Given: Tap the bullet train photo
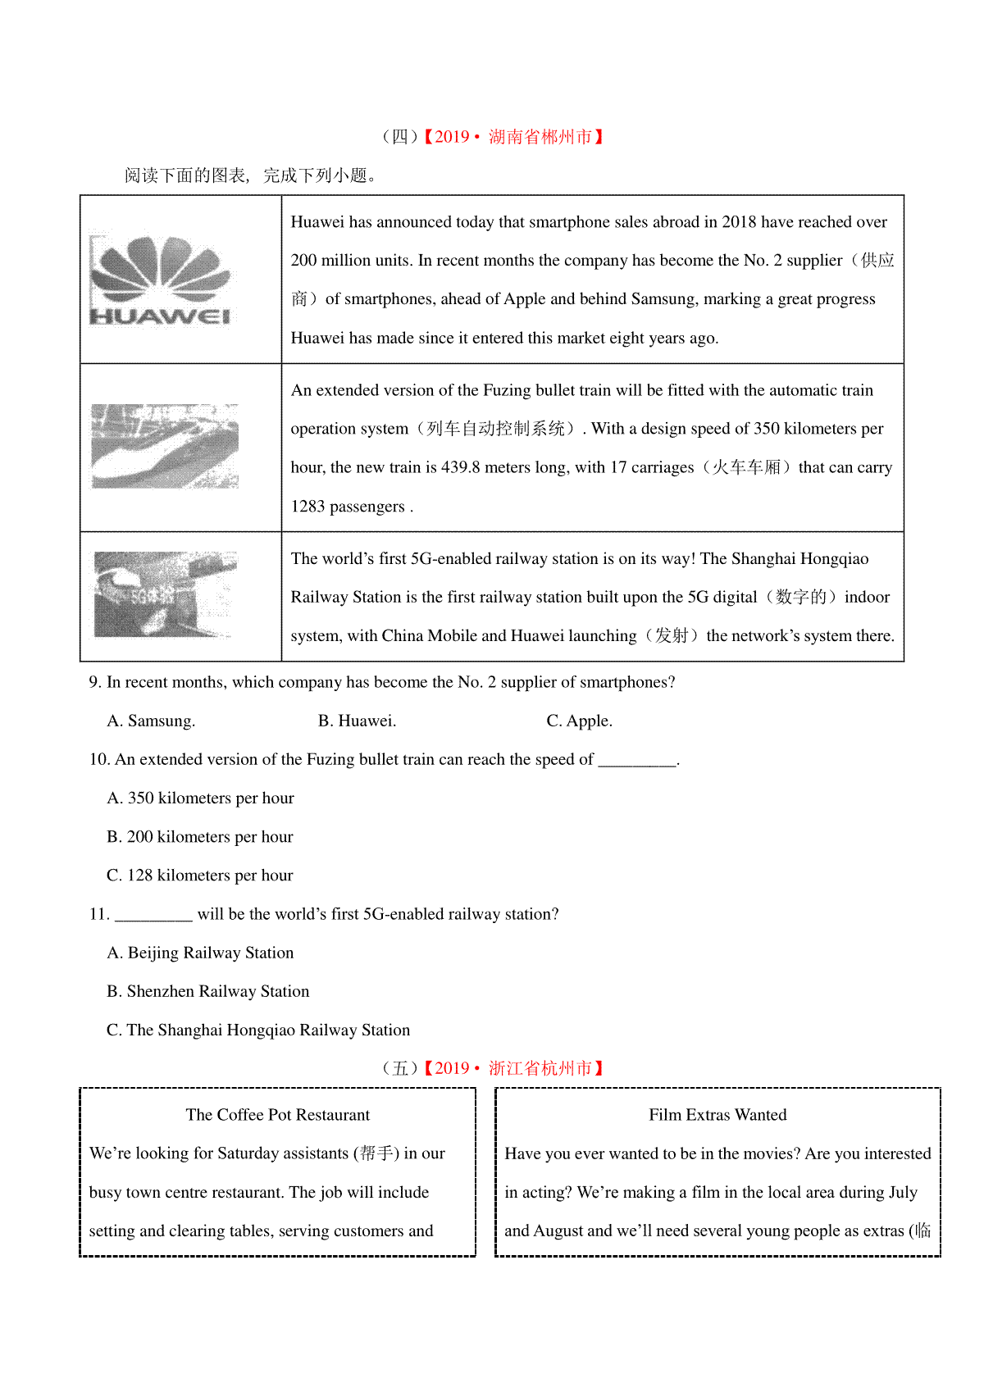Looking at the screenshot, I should tap(165, 446).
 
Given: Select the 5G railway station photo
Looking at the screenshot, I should tap(165, 594).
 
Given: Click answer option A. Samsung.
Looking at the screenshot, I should tap(151, 721).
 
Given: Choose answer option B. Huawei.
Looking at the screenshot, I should tap(357, 721).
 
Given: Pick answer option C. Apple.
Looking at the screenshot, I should tap(579, 721).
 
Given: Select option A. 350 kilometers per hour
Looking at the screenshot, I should tap(200, 798).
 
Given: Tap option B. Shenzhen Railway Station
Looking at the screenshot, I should tap(208, 991).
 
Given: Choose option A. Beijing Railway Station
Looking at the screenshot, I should tap(200, 953).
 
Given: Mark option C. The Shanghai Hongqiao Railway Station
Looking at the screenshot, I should tap(258, 1030).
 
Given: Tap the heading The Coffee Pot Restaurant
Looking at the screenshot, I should tap(278, 1115).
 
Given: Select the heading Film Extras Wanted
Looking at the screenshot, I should tap(717, 1115).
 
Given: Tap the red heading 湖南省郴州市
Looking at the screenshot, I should tap(540, 137).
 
